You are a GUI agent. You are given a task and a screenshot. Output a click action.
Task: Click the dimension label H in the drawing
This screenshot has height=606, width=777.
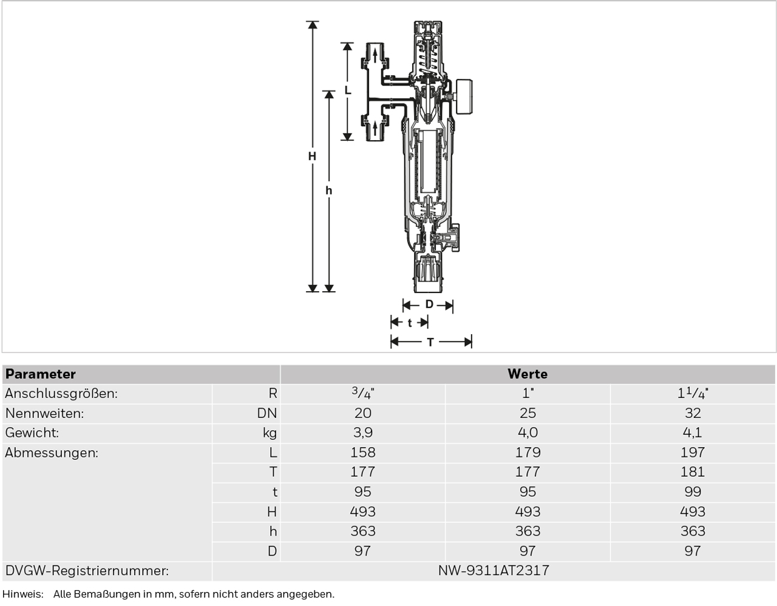point(312,156)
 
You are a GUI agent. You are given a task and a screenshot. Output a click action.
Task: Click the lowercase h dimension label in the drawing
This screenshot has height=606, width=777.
point(328,190)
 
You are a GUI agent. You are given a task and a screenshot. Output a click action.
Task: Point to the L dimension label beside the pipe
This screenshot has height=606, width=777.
point(348,90)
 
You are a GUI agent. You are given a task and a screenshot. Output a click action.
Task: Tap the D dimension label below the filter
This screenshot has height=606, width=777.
point(429,305)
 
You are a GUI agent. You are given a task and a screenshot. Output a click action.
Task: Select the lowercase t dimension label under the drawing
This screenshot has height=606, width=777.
point(410,323)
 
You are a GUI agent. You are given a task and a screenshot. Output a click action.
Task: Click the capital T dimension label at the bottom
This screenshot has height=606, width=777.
point(430,342)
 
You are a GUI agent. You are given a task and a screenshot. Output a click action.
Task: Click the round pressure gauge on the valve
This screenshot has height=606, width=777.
point(464,97)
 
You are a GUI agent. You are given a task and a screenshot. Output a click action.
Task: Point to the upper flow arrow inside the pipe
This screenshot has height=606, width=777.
point(375,56)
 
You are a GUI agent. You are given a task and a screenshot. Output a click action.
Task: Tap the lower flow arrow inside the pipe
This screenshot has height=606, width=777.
point(375,129)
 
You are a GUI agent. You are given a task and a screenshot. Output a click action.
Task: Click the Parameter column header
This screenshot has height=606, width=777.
point(41,374)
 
